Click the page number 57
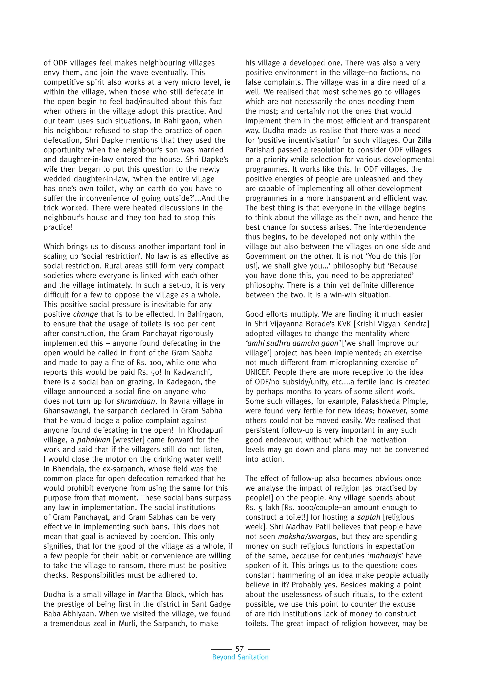coord(239,649)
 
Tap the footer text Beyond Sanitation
coord(240,657)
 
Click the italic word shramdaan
coord(136,401)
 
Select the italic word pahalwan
coord(89,440)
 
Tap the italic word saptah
coord(368,517)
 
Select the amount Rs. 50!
coord(154,372)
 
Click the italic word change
coord(86,314)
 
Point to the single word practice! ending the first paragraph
coord(58,227)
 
